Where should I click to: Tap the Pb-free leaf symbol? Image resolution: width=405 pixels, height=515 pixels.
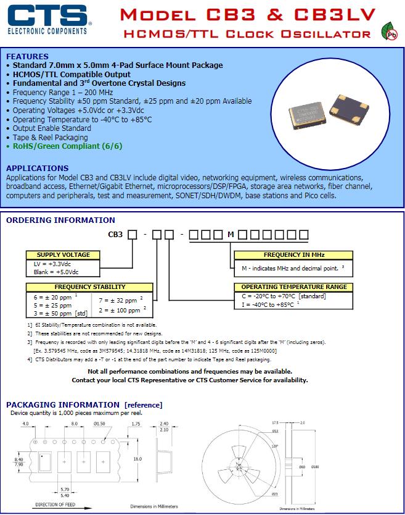(388, 31)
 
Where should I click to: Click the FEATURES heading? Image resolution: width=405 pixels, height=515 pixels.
(28, 56)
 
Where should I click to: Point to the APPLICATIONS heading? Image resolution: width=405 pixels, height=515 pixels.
(37, 168)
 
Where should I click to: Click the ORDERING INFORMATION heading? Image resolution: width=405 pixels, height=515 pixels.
(60, 220)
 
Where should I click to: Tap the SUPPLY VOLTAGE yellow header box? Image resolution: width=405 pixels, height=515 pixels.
(63, 254)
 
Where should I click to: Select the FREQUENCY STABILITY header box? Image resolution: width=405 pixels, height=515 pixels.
(90, 287)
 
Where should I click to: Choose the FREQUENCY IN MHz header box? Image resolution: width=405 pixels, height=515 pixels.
(294, 254)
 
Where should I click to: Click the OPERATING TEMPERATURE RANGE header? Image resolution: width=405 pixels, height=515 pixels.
(293, 287)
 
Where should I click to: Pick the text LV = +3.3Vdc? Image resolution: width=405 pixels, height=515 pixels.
(52, 263)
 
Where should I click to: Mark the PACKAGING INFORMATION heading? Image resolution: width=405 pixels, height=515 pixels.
(84, 405)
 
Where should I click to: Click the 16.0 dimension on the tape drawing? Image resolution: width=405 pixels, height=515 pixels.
(137, 459)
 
